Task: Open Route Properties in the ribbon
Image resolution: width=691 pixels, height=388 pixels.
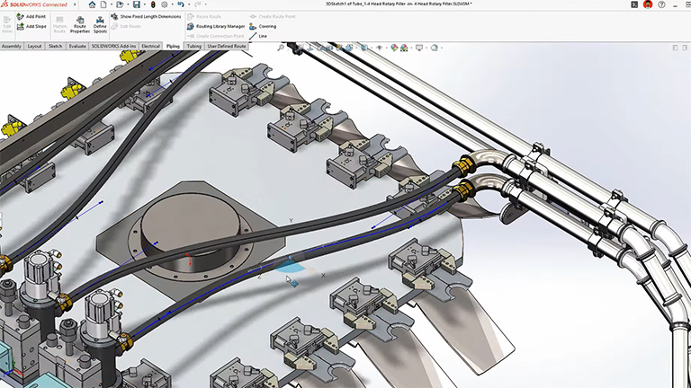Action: [80, 24]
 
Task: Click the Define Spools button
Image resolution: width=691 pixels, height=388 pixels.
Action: [100, 24]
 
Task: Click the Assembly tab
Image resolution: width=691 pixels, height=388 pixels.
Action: [12, 45]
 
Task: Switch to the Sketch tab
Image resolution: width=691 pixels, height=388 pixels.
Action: [55, 45]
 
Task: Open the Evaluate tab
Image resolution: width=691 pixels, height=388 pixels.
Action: [76, 45]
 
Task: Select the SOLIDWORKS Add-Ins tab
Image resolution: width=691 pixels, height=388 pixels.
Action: [112, 45]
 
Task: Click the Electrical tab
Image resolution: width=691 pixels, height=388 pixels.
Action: [150, 45]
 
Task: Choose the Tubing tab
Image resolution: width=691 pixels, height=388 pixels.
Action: [193, 45]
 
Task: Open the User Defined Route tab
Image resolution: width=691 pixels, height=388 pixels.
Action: [227, 45]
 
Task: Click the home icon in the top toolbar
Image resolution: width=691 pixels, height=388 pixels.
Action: [92, 4]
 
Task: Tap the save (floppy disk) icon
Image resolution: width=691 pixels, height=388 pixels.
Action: [136, 4]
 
